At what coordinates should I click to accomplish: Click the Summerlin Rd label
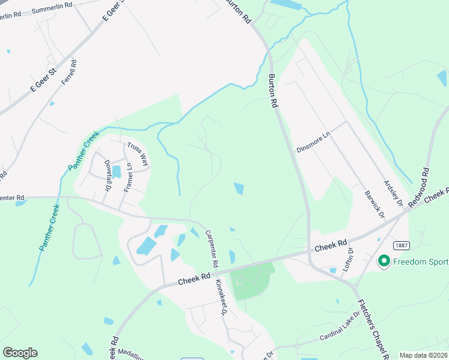click(52, 8)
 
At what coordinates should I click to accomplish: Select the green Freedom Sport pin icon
click(384, 261)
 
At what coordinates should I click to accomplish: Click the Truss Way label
click(137, 154)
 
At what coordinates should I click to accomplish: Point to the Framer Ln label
click(128, 177)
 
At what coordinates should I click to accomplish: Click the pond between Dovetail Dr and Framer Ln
click(116, 172)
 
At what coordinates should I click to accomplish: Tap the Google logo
click(20, 353)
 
